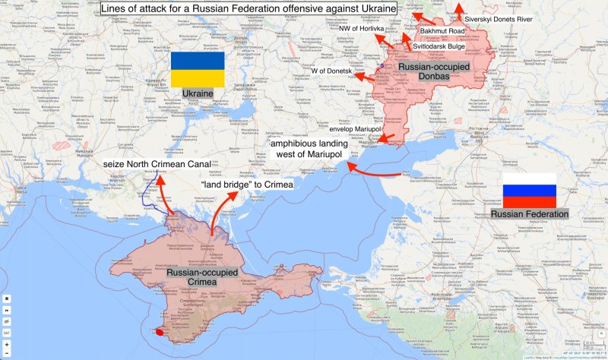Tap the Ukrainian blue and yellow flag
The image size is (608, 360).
[197, 70]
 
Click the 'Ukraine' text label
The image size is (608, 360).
[196, 93]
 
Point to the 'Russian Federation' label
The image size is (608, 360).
[530, 214]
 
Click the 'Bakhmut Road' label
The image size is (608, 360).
[442, 31]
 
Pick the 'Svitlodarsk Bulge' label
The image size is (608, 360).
[439, 46]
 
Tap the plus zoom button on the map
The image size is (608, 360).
[7, 344]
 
